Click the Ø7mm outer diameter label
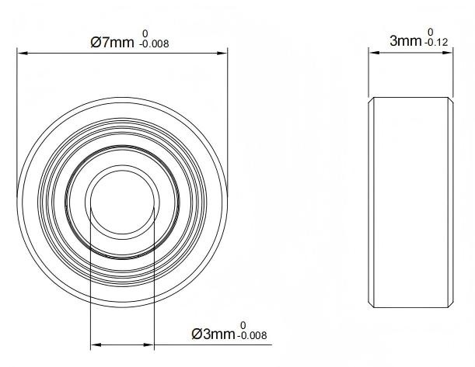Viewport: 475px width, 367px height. coord(112,43)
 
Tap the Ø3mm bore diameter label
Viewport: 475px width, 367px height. coord(213,334)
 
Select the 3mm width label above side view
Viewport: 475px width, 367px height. coord(406,41)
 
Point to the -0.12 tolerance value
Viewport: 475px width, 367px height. coord(436,43)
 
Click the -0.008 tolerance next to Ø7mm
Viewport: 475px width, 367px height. coord(154,43)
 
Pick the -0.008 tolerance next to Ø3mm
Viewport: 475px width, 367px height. coord(253,335)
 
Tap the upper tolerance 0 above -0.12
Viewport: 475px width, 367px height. coord(431,32)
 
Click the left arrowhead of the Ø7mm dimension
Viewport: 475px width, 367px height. coord(23,54)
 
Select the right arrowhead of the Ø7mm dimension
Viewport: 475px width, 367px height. coord(222,54)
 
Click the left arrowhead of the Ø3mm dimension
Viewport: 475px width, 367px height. coord(96,344)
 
